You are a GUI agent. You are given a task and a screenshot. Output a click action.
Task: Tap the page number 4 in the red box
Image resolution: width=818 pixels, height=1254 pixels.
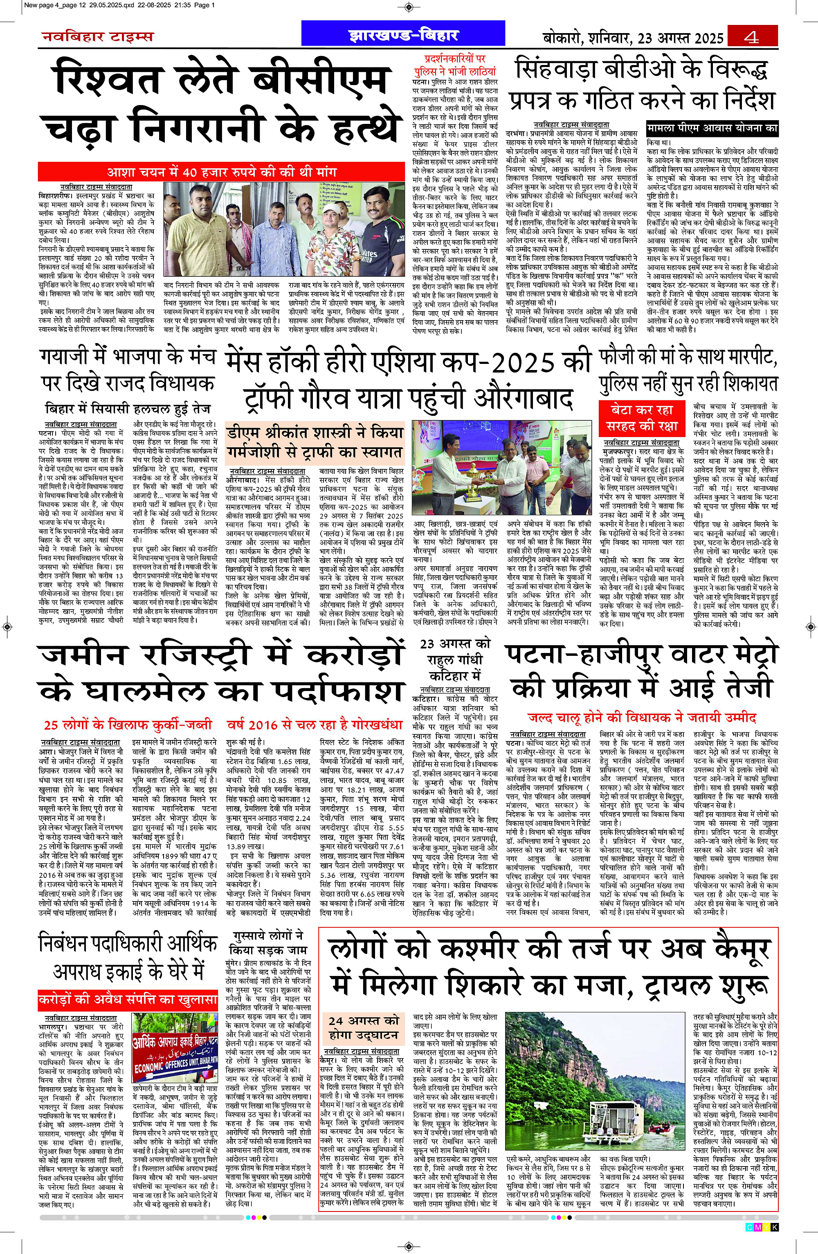point(752,36)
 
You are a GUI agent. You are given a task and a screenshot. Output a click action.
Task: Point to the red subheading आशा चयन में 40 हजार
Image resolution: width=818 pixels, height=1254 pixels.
point(221,172)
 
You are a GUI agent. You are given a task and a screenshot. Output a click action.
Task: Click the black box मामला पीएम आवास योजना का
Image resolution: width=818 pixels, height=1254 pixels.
point(712,128)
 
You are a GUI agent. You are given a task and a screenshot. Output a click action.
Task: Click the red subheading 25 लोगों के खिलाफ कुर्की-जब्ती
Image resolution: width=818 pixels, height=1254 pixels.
point(128,725)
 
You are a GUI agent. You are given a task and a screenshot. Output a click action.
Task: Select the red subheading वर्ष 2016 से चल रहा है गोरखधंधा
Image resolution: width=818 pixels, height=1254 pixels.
point(315,725)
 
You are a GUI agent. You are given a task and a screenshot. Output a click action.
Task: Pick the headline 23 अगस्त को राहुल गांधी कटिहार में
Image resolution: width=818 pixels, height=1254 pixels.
point(455,659)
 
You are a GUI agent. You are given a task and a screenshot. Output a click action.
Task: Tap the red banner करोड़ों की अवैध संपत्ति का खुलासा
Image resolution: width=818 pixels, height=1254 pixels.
point(128,999)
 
